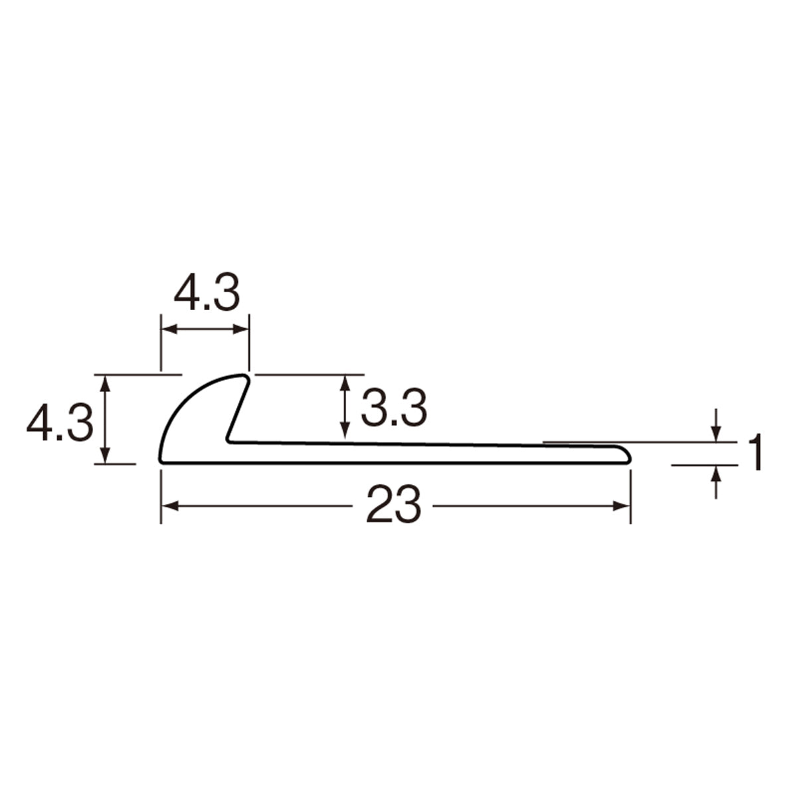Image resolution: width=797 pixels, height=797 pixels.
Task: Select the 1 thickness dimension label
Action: [x=755, y=452]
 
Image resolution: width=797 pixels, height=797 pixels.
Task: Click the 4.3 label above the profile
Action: [x=207, y=292]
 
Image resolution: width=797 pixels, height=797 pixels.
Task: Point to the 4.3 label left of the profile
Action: [x=60, y=422]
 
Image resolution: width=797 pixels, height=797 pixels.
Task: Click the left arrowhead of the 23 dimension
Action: [x=169, y=506]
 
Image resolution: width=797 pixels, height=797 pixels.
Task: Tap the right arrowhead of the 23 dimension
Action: [x=622, y=506]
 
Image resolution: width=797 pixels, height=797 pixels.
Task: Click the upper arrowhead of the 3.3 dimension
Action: [x=345, y=383]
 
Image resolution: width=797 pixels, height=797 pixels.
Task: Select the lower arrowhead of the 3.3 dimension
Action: [x=345, y=430]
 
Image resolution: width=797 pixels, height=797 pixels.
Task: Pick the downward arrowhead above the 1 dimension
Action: [x=717, y=434]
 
